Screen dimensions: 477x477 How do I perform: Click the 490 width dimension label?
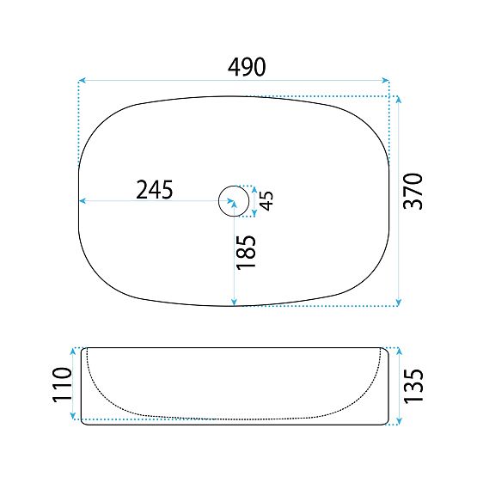tap(247, 67)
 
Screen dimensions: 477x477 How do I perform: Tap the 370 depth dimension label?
tap(413, 191)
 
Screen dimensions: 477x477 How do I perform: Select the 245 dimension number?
tap(155, 190)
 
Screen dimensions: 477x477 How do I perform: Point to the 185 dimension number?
tap(246, 252)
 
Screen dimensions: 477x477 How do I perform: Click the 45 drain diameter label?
tap(266, 201)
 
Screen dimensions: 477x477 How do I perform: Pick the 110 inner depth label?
tap(63, 385)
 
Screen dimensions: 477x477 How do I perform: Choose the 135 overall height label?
tap(413, 386)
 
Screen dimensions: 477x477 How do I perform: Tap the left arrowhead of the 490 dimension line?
tap(82, 81)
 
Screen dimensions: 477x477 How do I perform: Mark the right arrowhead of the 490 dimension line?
tap(386, 81)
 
